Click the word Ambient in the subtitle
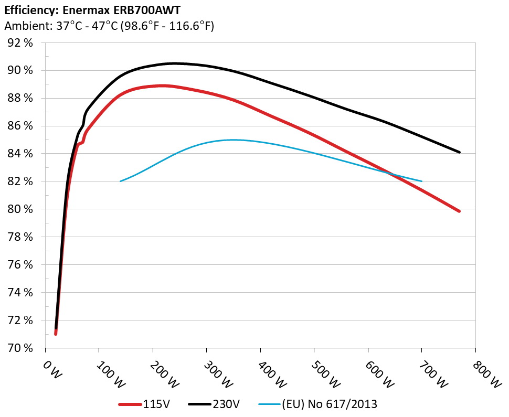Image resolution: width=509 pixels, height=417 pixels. click(x=23, y=26)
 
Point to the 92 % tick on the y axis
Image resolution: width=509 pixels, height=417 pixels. click(x=20, y=43)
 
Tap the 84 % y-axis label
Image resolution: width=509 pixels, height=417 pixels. click(x=20, y=154)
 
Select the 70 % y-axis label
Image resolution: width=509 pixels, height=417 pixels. click(x=20, y=348)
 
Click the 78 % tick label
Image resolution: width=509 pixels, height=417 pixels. click(x=20, y=237)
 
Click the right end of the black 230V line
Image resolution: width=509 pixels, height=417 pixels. click(x=459, y=152)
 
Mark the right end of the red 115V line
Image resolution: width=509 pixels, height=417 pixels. click(x=459, y=211)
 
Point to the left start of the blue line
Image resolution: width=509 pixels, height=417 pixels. click(x=121, y=181)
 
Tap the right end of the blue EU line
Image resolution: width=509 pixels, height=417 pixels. click(x=421, y=181)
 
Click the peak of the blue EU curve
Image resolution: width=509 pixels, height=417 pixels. click(x=233, y=140)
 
